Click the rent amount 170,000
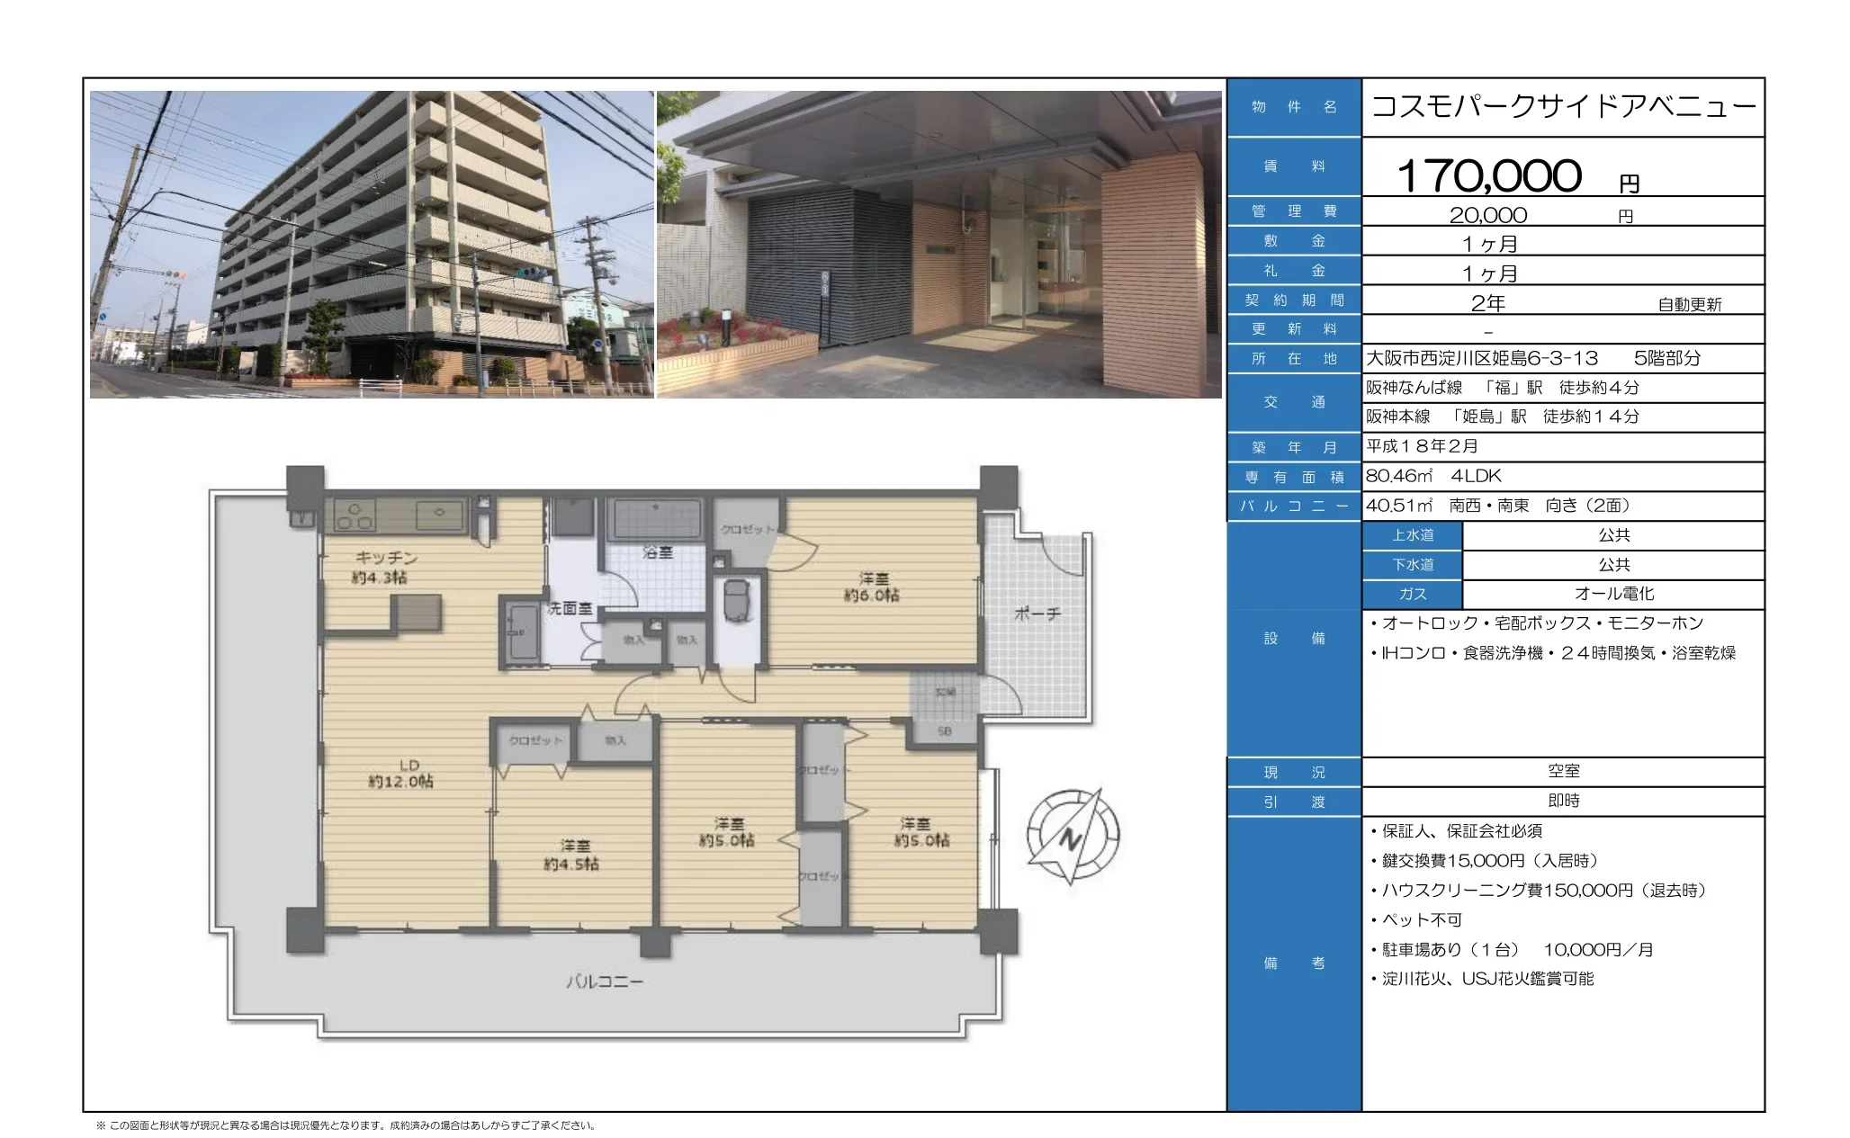(1488, 175)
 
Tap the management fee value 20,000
(1487, 215)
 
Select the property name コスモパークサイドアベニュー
(1563, 107)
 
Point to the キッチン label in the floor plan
(386, 558)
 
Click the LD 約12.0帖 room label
(400, 774)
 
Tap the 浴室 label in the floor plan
(658, 552)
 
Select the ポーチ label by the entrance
(1037, 614)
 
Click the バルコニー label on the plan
(604, 981)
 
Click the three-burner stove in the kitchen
(353, 515)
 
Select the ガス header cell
(1412, 594)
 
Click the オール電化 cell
(1613, 594)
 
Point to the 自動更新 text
(1689, 305)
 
